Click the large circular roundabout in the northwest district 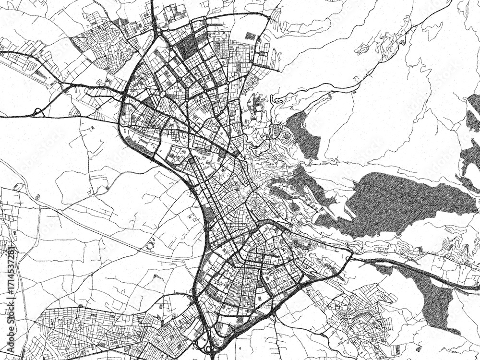163,94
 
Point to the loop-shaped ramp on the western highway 37,112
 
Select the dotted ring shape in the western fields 150,245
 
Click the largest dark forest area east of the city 394,202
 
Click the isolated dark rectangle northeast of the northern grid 250,35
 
